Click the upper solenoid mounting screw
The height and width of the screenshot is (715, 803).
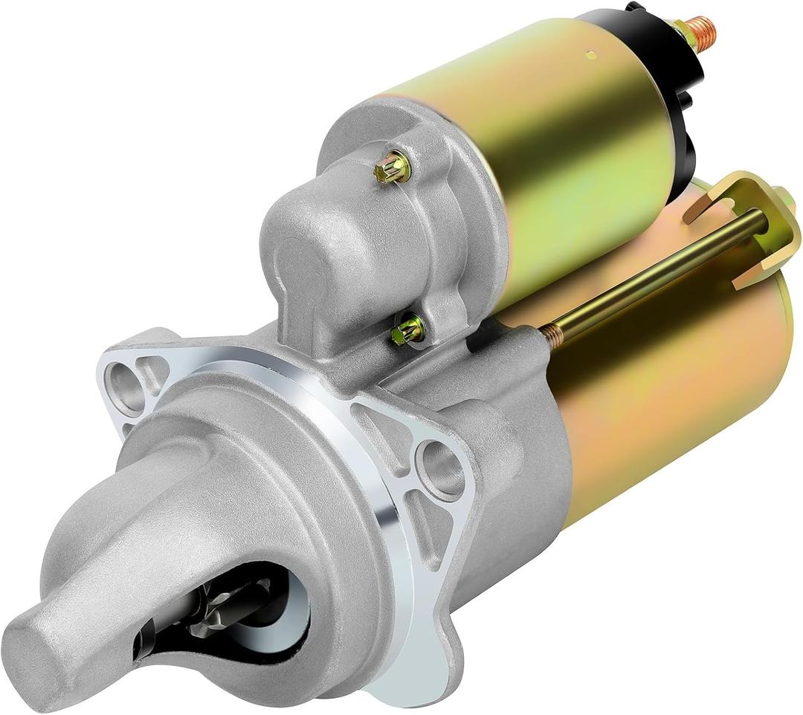(x=393, y=167)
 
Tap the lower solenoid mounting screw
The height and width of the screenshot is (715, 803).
(x=408, y=329)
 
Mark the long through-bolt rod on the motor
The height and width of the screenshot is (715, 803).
(x=654, y=275)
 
